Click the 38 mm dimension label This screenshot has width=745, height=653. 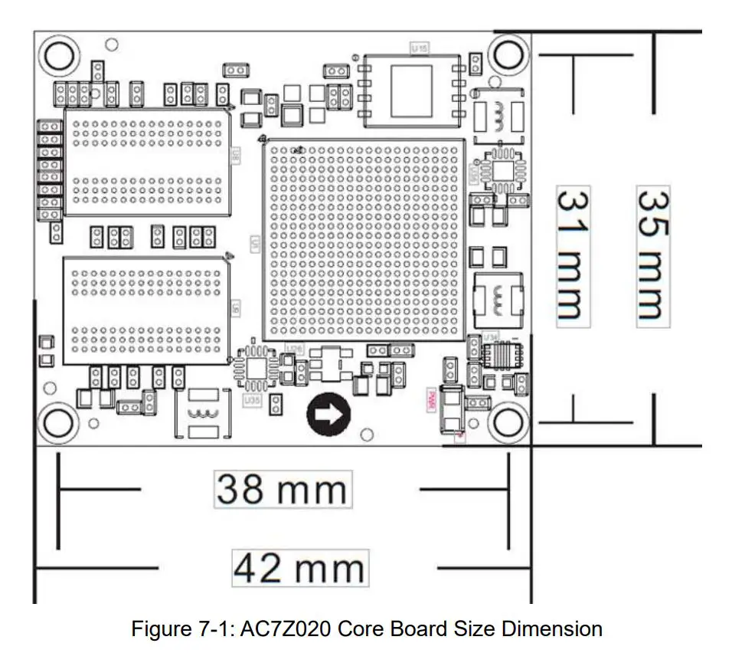[282, 489]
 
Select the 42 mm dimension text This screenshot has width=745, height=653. [300, 569]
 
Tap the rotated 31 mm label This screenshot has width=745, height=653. [572, 254]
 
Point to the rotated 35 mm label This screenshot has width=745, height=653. [653, 254]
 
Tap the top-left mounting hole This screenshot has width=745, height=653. [59, 55]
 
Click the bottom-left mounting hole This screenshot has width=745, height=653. [59, 421]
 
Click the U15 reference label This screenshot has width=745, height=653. [420, 48]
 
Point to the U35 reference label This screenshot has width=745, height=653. [251, 399]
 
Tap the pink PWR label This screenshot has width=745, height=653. [431, 399]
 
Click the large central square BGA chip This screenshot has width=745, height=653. [364, 239]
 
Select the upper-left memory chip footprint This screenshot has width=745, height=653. [146, 162]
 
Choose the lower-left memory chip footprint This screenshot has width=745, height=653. [145, 310]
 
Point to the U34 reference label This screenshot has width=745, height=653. [491, 336]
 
